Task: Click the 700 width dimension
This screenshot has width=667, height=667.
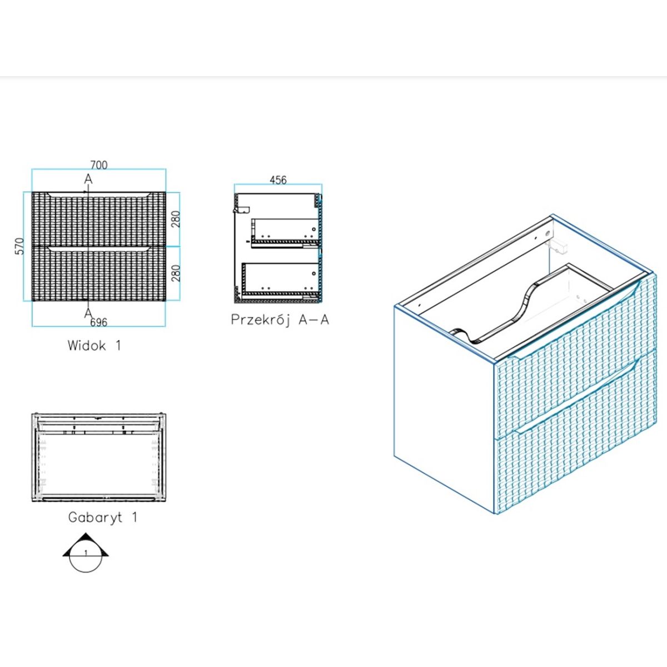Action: pyautogui.click(x=99, y=165)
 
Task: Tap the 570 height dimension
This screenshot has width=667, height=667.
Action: pyautogui.click(x=21, y=246)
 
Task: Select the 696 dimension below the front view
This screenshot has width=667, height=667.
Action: pyautogui.click(x=98, y=322)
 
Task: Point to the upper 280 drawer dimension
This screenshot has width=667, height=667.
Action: pyautogui.click(x=176, y=219)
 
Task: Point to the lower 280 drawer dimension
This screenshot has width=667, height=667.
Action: pyautogui.click(x=176, y=273)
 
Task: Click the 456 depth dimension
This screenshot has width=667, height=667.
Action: pyautogui.click(x=278, y=180)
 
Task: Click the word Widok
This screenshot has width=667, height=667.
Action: pyautogui.click(x=87, y=345)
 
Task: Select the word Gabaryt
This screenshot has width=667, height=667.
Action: pyautogui.click(x=95, y=517)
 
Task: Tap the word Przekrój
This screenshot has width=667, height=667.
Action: pyautogui.click(x=260, y=320)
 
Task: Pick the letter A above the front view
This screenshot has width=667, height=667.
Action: pyautogui.click(x=88, y=179)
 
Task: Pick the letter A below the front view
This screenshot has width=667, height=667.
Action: pyautogui.click(x=88, y=313)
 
